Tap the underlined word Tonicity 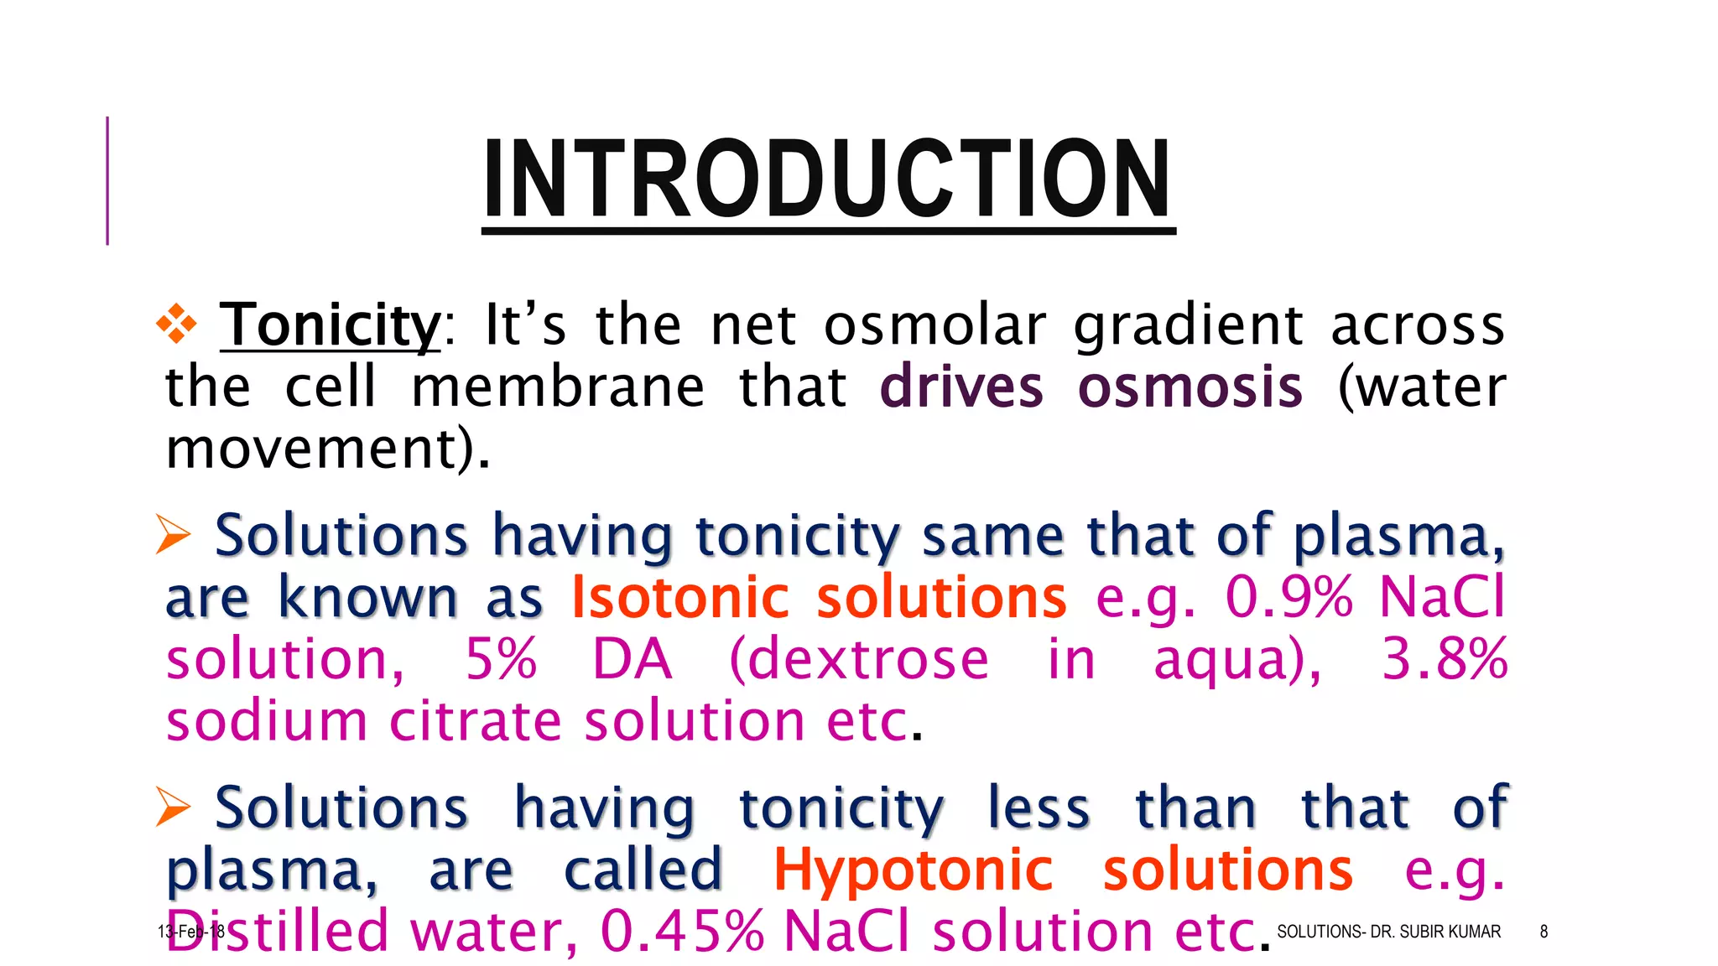point(330,325)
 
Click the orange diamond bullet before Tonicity point(176,325)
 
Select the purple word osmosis point(1190,387)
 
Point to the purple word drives point(961,387)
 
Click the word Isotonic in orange point(679,598)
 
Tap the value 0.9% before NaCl point(1288,598)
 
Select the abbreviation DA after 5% point(632,660)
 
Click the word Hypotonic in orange point(912,870)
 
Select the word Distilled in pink point(278,932)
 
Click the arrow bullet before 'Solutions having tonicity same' point(174,535)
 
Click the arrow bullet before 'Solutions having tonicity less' point(174,807)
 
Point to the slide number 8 point(1544,932)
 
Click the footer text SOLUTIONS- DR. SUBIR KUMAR point(1388,932)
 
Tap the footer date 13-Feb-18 point(190,932)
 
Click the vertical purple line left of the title point(107,180)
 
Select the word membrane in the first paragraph point(558,387)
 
